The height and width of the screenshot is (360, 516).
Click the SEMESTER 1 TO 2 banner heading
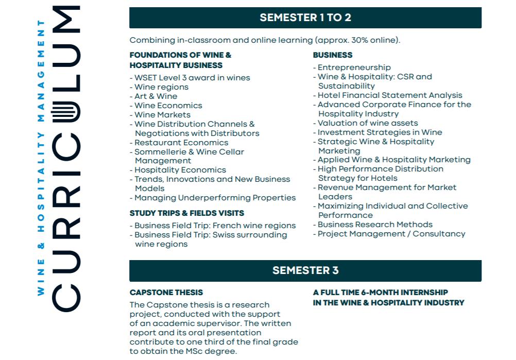(305, 18)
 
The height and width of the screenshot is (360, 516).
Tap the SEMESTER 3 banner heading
(305, 270)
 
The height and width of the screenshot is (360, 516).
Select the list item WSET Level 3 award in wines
(192, 78)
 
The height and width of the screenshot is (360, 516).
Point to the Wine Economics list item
(168, 106)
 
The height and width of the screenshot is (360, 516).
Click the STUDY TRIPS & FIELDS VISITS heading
(187, 213)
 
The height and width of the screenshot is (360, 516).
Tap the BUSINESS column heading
(333, 55)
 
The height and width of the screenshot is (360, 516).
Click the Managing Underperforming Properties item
(215, 198)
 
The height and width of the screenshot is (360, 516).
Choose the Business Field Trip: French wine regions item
(215, 226)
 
